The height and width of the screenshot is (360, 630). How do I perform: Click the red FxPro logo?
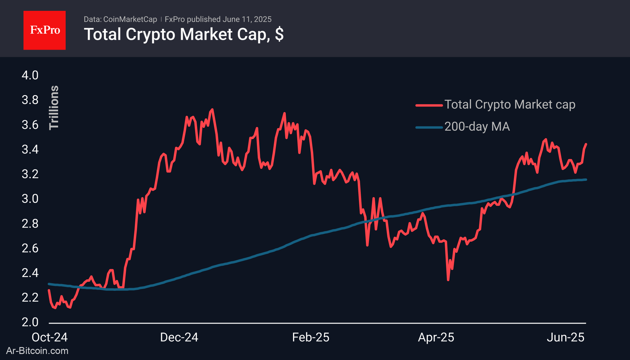click(45, 30)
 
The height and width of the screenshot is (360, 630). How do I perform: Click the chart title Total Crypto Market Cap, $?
click(184, 34)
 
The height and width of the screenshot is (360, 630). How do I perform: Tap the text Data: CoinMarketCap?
click(120, 19)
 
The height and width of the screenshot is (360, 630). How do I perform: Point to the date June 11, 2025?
click(247, 19)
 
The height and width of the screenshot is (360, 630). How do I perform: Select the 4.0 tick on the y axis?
click(30, 75)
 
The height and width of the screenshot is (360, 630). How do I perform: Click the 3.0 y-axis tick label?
click(30, 199)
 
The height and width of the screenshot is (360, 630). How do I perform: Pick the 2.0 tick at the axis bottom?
click(30, 322)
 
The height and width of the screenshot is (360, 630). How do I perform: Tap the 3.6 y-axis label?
click(30, 125)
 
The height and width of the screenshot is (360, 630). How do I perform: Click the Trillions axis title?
click(54, 107)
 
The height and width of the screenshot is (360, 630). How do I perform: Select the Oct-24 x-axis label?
click(50, 337)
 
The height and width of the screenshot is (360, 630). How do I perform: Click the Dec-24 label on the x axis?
click(179, 337)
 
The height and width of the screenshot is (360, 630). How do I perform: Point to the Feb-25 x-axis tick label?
click(311, 337)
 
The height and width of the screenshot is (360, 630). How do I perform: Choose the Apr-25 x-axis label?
click(436, 337)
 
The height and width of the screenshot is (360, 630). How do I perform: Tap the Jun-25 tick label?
click(566, 337)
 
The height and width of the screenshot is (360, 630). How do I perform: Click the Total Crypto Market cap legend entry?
click(510, 105)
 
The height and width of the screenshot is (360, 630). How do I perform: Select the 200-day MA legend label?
click(477, 127)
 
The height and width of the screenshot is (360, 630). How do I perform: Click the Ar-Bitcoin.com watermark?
click(37, 351)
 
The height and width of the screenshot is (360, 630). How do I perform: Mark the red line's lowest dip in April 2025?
click(448, 280)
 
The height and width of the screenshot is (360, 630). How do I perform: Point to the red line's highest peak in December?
click(213, 110)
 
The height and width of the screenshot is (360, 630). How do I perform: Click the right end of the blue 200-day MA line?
click(586, 180)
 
